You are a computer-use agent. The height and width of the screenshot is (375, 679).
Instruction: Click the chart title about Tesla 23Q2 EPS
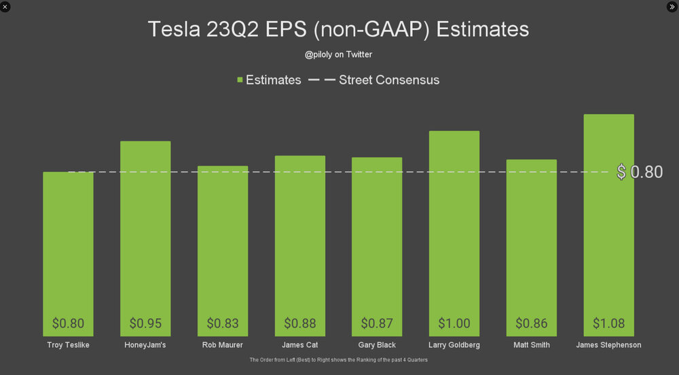[x=338, y=29]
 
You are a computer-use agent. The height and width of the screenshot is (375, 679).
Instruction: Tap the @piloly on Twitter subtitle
[x=338, y=54]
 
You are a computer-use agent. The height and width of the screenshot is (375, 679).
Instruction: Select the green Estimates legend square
[x=240, y=80]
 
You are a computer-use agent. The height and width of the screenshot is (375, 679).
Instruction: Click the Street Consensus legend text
[x=388, y=80]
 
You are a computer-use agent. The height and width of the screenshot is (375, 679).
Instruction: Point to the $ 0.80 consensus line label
[x=640, y=172]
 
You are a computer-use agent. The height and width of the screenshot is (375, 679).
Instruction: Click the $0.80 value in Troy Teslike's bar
[x=68, y=323]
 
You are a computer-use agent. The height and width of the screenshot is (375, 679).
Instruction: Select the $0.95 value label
[x=145, y=323]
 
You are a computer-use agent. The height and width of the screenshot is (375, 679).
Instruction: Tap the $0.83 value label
[x=223, y=323]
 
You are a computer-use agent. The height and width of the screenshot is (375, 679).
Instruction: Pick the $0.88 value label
[x=300, y=323]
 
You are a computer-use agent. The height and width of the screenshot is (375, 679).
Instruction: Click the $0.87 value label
[x=377, y=323]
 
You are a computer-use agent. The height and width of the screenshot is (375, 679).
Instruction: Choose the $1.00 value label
[x=454, y=323]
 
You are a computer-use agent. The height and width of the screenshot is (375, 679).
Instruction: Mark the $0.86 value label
[x=532, y=323]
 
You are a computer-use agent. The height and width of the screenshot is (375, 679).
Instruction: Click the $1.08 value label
[x=608, y=323]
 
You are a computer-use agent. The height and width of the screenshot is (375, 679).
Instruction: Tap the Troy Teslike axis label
[x=68, y=345]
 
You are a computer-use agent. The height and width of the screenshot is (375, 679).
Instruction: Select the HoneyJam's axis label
[x=145, y=345]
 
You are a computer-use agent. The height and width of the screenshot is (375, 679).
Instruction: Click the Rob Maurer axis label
[x=223, y=345]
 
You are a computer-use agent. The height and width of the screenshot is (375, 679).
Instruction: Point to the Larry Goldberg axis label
[x=454, y=345]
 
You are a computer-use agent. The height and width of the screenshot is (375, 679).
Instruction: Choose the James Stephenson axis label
[x=608, y=345]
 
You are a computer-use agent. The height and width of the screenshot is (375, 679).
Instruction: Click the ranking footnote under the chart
[x=338, y=359]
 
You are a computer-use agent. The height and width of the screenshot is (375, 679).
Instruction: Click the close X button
[x=5, y=6]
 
